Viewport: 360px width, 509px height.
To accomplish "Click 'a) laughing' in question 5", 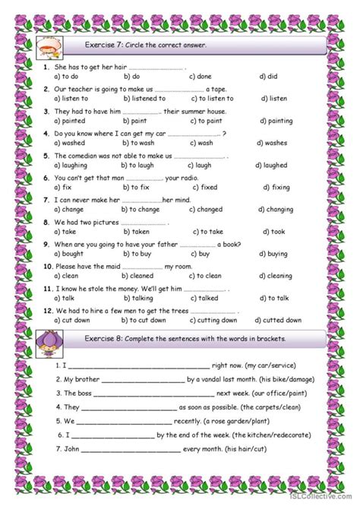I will pyautogui.click(x=71, y=165).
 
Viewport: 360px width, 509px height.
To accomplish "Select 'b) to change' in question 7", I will pyautogui.click(x=139, y=210).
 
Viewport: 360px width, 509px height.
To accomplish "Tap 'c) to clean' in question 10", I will pyautogui.click(x=204, y=277).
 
